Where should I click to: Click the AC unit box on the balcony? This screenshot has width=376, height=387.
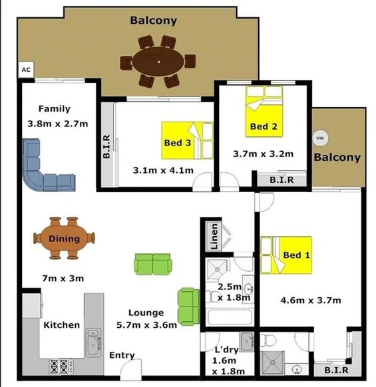coord(26,69)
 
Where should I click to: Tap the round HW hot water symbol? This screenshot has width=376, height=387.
coord(320,138)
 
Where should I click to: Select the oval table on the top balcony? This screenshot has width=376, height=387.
coord(158,62)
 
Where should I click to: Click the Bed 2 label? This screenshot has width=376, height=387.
coord(260,126)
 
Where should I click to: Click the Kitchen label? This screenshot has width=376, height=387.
coord(61,325)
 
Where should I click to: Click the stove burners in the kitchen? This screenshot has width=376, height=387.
coord(58,364)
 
